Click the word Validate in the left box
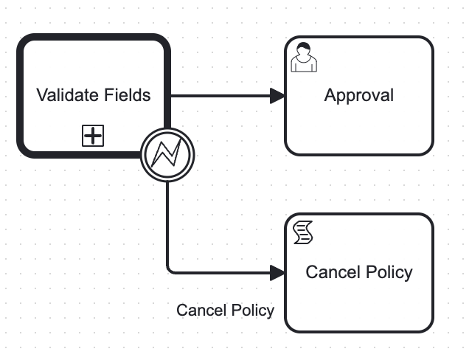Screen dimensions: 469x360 click(68, 95)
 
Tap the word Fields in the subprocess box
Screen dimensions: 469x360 click(128, 95)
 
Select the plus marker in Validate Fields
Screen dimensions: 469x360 click(93, 136)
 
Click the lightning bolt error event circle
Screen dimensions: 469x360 click(167, 155)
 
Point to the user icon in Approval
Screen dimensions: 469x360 click(304, 57)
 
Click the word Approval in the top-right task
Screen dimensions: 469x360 click(359, 96)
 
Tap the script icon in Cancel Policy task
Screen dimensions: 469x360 click(303, 232)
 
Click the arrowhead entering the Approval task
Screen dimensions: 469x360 click(277, 96)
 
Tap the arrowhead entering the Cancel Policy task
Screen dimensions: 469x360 click(277, 273)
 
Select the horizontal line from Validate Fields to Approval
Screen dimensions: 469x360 click(220, 96)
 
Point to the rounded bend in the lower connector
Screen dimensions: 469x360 click(170, 271)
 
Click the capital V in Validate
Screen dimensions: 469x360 click(42, 95)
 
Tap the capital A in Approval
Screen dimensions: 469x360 click(330, 95)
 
